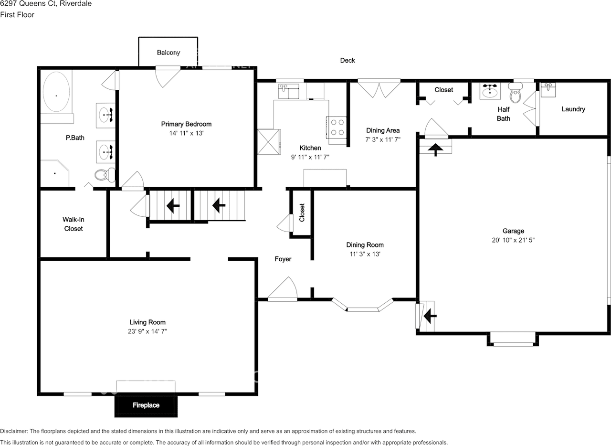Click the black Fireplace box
tap(146, 405)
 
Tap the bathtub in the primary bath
tap(56, 93)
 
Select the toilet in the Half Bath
tap(515, 93)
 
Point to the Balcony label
tap(169, 53)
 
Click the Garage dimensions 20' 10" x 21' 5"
tap(513, 241)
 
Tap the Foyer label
tap(283, 259)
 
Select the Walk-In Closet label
tap(73, 224)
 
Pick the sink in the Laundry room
tap(548, 89)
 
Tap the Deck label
tap(347, 61)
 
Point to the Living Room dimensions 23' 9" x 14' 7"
tap(147, 331)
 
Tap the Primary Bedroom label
tap(186, 124)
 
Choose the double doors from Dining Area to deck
tap(379, 88)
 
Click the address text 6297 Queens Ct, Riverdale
tap(46, 4)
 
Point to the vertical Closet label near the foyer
tap(302, 212)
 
